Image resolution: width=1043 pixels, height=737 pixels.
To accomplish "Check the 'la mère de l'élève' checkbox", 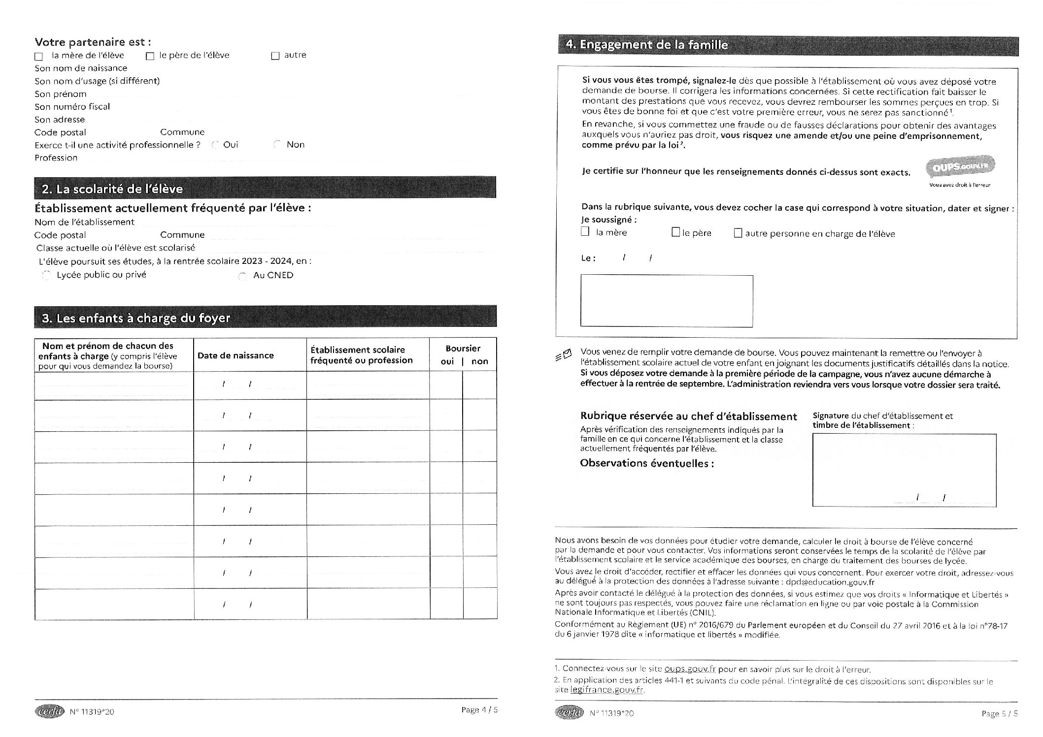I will pos(39,57).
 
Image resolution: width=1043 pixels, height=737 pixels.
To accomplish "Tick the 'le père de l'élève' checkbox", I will pos(150,57).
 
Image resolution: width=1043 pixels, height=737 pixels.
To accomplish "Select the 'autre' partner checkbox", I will pos(275,56).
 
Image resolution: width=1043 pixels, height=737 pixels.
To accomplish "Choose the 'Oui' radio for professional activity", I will pos(215,145).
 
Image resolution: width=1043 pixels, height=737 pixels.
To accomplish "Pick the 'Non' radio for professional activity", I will pos(278,145).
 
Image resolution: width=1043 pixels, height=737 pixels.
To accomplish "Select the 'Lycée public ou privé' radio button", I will pos(47,275).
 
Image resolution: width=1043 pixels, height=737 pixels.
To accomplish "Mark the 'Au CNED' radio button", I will pos(242,276).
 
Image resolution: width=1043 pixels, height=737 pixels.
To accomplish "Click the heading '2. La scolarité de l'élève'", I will pos(112,189).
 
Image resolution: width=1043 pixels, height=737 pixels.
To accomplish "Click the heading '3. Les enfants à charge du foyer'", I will pos(136,318).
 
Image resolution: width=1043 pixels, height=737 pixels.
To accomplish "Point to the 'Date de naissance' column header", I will pos(236,355).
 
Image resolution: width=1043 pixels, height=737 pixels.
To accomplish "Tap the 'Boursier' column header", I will pos(463,349).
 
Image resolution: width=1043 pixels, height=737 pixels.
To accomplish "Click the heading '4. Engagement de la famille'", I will pos(647,45).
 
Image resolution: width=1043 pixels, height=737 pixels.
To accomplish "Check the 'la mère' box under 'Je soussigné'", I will pos(585,232).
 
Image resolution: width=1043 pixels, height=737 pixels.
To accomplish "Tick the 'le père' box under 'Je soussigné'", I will pos(676,232).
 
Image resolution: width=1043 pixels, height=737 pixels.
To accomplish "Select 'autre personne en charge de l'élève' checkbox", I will pos(738,233).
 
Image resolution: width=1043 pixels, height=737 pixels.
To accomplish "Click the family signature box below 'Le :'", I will pos(667,301).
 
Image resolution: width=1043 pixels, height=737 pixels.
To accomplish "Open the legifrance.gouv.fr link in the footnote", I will pos(607,690).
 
